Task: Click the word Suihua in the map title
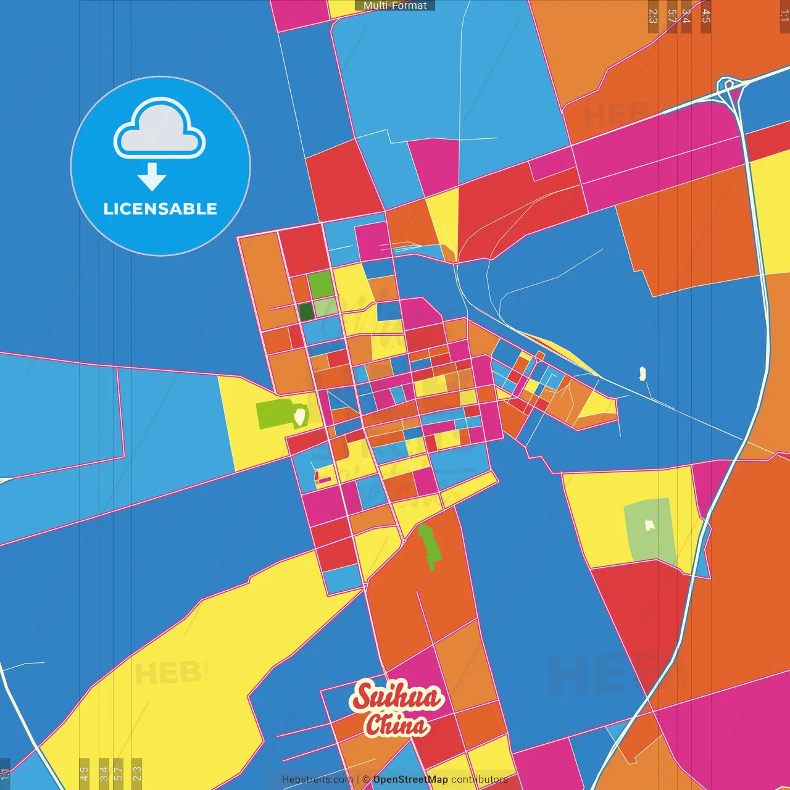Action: tap(396, 697)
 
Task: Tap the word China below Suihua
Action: tap(396, 725)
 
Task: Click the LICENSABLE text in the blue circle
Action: tap(160, 209)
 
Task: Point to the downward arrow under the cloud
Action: tap(152, 177)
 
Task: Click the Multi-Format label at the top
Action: tap(395, 6)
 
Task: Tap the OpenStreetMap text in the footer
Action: tap(410, 780)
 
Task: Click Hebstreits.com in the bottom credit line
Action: tap(317, 780)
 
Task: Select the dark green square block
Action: tap(306, 312)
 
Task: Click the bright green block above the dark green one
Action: tap(320, 285)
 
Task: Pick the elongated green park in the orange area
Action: tap(430, 546)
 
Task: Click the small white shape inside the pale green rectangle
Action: tap(649, 525)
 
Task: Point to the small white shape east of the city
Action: tap(642, 373)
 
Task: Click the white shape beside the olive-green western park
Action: tap(299, 416)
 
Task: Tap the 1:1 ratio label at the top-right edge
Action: tap(784, 16)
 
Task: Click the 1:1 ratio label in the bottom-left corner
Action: tap(5, 773)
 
